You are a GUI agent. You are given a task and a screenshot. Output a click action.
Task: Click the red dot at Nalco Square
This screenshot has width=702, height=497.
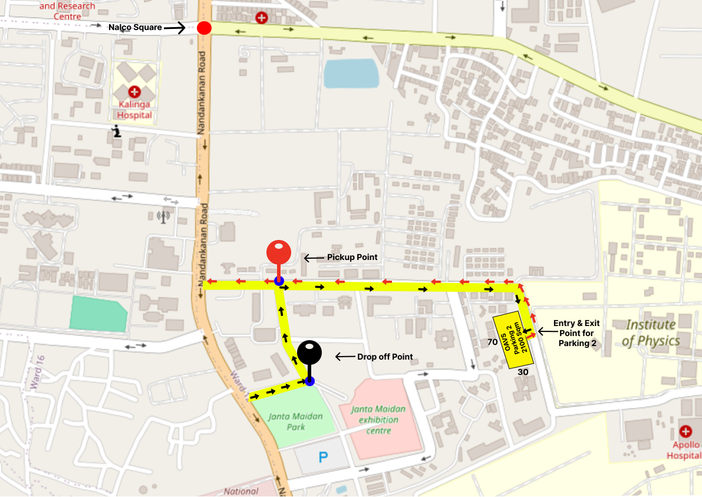204,28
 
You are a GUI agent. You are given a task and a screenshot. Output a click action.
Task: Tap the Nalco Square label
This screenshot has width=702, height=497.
135,27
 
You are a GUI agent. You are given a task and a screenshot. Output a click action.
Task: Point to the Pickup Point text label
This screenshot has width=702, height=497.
352,258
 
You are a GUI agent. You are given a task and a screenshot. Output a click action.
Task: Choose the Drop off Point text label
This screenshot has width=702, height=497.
385,357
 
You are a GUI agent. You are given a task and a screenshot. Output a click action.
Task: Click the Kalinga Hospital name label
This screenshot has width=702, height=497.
134,110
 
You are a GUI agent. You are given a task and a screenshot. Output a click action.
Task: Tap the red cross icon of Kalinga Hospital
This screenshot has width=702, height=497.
135,91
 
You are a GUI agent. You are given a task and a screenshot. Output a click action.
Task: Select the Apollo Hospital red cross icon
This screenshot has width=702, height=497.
685,432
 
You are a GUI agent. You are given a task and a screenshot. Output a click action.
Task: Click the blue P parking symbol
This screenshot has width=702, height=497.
322,457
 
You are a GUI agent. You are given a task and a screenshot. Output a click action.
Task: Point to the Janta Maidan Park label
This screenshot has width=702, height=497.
295,421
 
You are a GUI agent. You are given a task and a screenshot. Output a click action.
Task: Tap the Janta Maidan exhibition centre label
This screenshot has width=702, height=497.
378,420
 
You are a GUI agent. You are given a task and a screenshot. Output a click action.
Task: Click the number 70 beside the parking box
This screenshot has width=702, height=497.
493,342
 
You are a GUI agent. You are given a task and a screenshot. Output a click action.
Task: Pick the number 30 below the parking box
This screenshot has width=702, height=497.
523,373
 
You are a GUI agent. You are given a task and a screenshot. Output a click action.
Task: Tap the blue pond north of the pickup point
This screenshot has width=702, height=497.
351,74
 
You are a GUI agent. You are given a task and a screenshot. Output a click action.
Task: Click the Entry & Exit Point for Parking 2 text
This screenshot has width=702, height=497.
577,333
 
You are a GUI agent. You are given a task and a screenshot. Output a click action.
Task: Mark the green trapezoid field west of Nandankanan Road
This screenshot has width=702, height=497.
98,313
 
